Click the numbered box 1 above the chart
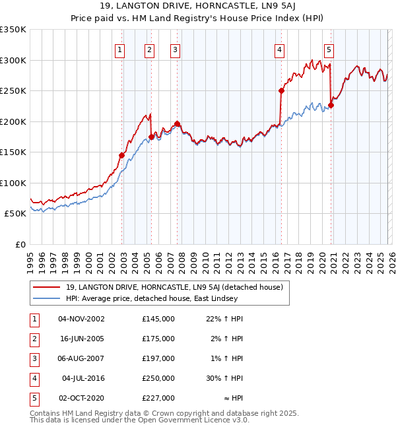[x=119, y=49]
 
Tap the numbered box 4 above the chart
[x=279, y=49]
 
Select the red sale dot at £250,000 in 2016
[x=281, y=91]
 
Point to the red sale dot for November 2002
[x=121, y=155]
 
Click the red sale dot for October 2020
[x=331, y=105]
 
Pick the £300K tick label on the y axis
[x=13, y=60]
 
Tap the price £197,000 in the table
[x=158, y=358]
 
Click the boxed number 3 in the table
[x=34, y=358]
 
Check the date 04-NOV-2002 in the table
[x=81, y=319]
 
